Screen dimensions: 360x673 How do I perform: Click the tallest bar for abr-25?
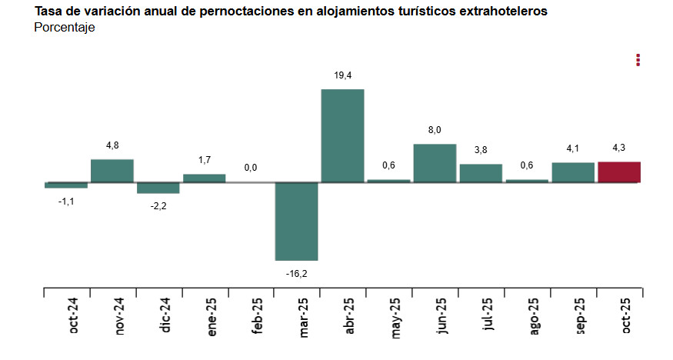pos(342,135)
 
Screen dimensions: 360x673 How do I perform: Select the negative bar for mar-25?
pos(296,222)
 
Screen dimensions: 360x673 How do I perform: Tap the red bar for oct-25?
pos(618,172)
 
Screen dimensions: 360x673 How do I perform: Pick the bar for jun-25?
pos(435,163)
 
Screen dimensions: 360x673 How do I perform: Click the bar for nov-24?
pos(112,171)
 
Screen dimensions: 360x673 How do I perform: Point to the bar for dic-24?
pos(158,188)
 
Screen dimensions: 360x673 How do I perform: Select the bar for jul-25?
pos(481,173)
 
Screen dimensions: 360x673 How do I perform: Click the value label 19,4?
pos(343,75)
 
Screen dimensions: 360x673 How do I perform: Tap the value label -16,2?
pos(297,274)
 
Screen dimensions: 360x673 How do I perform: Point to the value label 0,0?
pos(251,168)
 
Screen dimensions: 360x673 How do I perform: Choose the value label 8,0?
pos(435,130)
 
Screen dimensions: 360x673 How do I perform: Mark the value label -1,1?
pos(66,201)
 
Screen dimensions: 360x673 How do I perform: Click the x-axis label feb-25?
pos(257,318)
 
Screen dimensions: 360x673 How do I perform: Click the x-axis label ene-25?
pos(211,318)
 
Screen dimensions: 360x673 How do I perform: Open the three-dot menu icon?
pos(638,60)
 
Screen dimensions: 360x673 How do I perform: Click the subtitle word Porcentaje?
pos(65,28)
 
